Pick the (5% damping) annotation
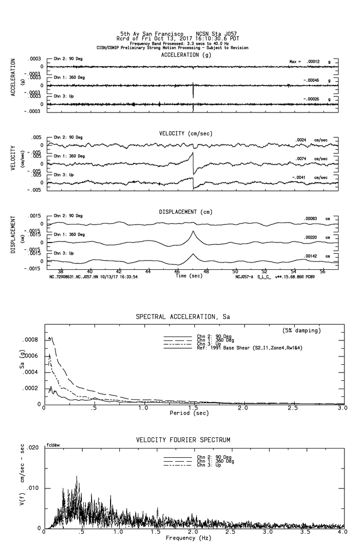tap(302, 331)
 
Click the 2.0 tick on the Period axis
tap(243, 408)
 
